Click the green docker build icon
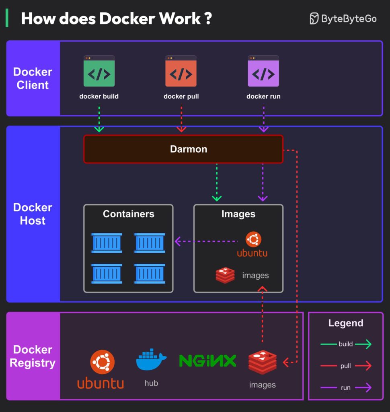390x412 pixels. pyautogui.click(x=99, y=72)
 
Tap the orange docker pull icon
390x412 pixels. pyautogui.click(x=181, y=72)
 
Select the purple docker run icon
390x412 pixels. pyautogui.click(x=263, y=72)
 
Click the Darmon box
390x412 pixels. pyautogui.click(x=183, y=149)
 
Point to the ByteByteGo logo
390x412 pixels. pyautogui.click(x=343, y=19)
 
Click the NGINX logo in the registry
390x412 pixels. pyautogui.click(x=207, y=360)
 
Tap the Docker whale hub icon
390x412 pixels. pyautogui.click(x=151, y=359)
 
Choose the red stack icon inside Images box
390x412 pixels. pyautogui.click(x=225, y=276)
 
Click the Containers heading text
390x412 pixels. pyautogui.click(x=129, y=214)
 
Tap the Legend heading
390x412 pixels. pyautogui.click(x=346, y=323)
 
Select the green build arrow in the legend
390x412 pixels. pyautogui.click(x=363, y=344)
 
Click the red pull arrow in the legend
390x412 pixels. pyautogui.click(x=363, y=366)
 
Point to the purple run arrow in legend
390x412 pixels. pyautogui.click(x=363, y=388)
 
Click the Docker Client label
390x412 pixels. pyautogui.click(x=33, y=78)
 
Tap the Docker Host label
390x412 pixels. pyautogui.click(x=33, y=214)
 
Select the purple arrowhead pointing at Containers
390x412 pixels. pyautogui.click(x=178, y=241)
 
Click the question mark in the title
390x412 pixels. pyautogui.click(x=208, y=19)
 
